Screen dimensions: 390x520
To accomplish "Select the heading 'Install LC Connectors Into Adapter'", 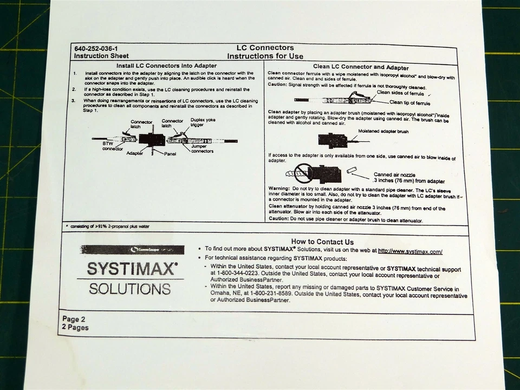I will (166, 66).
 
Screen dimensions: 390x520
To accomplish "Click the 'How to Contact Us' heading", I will (322, 242).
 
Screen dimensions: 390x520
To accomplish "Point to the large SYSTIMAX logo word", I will (133, 269).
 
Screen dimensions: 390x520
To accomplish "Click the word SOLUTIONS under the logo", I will (129, 288).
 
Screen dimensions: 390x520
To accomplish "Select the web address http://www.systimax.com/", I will (410, 251).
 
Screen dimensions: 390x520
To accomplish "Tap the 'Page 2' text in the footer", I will (74, 319).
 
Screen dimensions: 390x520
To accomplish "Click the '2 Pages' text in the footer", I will (75, 328).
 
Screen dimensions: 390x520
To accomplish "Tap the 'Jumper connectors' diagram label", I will (202, 148).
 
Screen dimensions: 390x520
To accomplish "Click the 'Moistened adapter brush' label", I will (383, 132).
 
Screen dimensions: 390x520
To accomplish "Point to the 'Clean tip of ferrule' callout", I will (409, 102).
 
